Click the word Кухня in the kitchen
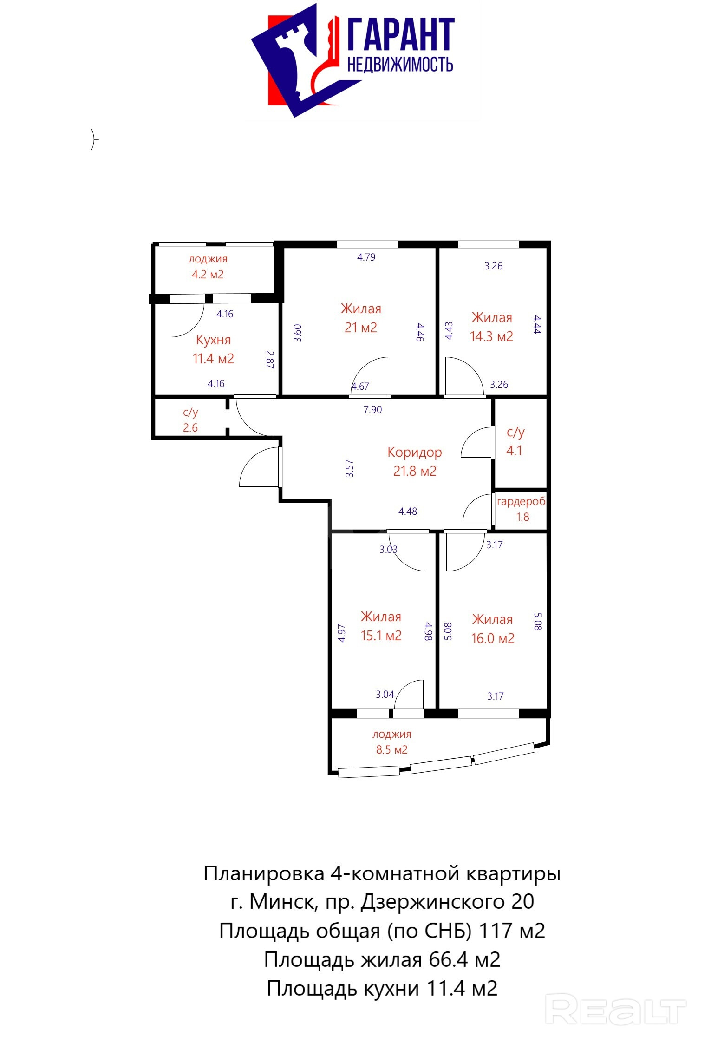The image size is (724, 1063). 213,340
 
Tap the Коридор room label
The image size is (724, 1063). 414,453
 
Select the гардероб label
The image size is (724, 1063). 521,502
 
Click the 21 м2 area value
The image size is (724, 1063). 361,328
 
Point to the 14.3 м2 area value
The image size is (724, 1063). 491,336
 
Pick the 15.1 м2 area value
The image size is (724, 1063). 381,636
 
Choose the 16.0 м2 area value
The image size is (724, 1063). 493,638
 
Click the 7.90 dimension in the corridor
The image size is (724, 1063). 372,410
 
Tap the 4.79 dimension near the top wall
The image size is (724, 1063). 366,257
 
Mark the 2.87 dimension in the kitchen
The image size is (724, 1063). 270,360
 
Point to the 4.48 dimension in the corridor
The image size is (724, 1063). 408,512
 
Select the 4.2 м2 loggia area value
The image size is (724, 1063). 208,275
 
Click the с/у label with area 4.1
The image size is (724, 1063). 515,433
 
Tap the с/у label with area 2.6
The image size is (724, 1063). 190,413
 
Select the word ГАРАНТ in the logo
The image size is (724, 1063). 401,35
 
